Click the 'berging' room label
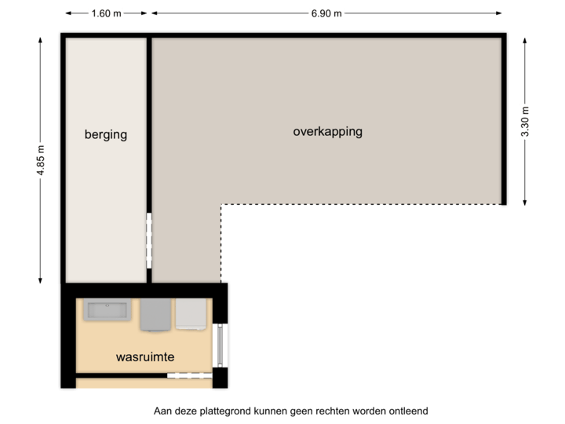(x=105, y=134)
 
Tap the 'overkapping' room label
(x=327, y=131)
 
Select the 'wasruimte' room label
(x=144, y=356)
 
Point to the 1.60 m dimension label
(x=106, y=13)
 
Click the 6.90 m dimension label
(x=326, y=13)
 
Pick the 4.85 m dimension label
(x=39, y=160)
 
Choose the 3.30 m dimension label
(x=525, y=122)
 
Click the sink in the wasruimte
(x=108, y=311)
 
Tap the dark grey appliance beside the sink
(x=155, y=315)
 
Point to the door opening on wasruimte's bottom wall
(x=189, y=376)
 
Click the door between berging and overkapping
(x=148, y=240)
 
